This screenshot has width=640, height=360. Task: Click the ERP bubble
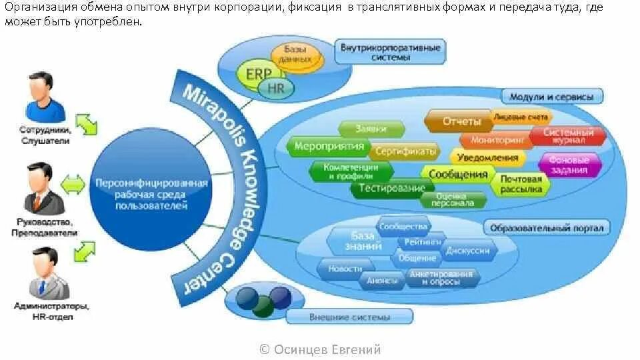click(x=255, y=74)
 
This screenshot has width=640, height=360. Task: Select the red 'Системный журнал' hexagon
click(x=569, y=136)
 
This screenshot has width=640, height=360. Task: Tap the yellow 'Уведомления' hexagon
click(x=487, y=158)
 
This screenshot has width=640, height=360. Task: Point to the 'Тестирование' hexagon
click(x=391, y=188)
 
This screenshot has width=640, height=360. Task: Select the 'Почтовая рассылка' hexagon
click(x=521, y=184)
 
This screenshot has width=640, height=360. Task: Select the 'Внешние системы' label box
click(x=349, y=317)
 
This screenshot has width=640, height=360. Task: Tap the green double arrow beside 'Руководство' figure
click(x=73, y=183)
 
